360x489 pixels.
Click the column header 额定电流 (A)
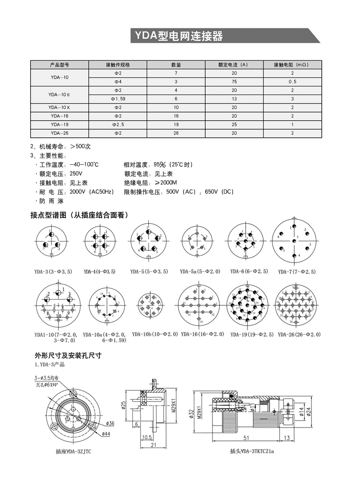click(233, 64)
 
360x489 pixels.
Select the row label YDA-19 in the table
click(60, 124)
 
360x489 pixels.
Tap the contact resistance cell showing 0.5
click(292, 81)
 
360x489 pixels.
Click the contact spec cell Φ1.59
click(118, 99)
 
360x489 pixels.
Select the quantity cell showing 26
click(176, 133)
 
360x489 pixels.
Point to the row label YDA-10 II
click(60, 94)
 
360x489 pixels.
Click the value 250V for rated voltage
click(76, 174)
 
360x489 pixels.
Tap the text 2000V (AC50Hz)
click(91, 192)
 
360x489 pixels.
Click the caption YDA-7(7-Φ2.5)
click(297, 272)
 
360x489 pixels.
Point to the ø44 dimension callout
click(106, 434)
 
